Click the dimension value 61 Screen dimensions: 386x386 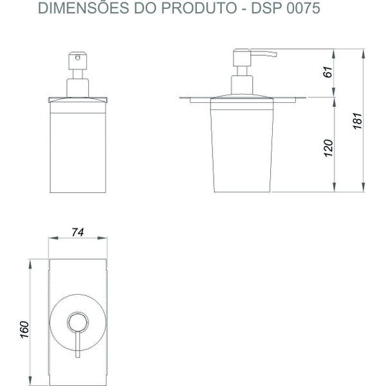(328, 73)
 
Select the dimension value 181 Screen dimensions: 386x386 (359, 120)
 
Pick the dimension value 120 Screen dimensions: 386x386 (328, 148)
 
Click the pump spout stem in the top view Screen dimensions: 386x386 (77, 344)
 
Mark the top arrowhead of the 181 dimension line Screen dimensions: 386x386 (366, 51)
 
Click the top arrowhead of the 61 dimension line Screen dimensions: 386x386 (335, 51)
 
